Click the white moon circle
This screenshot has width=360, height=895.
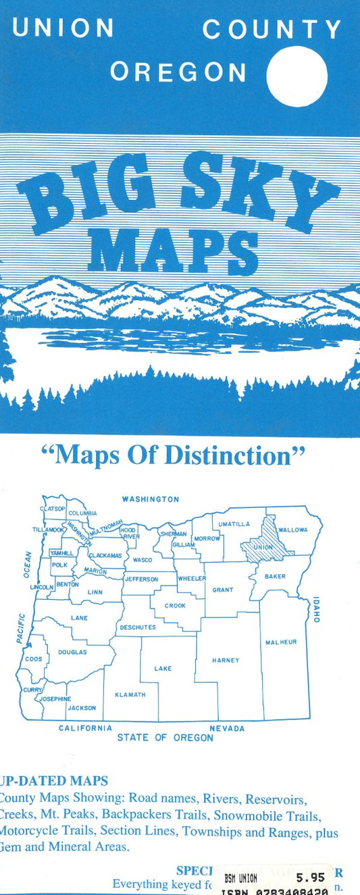point(297,76)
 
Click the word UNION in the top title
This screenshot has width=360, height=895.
point(63,28)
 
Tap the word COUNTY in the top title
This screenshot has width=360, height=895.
point(272,29)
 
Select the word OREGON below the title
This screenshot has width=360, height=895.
point(178,72)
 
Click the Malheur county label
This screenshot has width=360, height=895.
point(281,642)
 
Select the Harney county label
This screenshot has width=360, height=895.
point(225,660)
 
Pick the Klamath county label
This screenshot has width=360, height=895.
point(130,694)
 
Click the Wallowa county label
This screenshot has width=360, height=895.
point(292,530)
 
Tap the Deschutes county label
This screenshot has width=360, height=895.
point(138,628)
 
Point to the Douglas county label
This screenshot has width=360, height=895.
point(72,653)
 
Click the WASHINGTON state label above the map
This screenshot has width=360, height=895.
point(150,499)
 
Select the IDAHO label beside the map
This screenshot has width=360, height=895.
point(315,609)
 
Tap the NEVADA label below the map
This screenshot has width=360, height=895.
point(227,729)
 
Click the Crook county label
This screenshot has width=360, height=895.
point(175,606)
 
